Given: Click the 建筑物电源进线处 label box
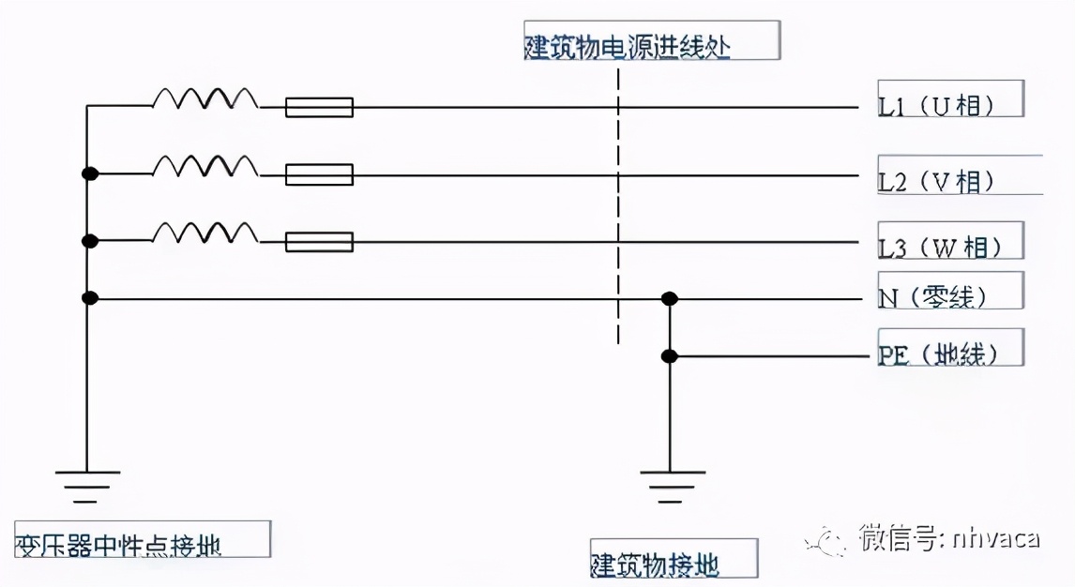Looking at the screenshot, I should click(651, 42).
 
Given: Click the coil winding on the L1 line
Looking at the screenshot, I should click(204, 98).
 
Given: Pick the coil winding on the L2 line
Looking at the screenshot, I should click(204, 166).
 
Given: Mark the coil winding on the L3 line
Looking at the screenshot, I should click(204, 233).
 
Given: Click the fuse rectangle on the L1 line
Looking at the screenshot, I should click(319, 108).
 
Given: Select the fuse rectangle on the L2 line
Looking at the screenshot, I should click(319, 174).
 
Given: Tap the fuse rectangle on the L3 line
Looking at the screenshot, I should click(319, 242).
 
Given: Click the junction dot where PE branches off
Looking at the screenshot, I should click(669, 356).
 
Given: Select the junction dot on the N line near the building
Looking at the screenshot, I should click(669, 299).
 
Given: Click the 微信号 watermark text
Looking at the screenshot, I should click(947, 539).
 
